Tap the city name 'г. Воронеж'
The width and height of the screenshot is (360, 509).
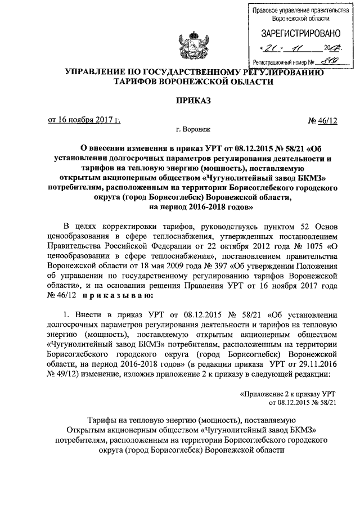(192, 129)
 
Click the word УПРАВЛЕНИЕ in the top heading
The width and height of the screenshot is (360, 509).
(95, 71)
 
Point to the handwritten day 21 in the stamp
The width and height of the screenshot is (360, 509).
(272, 48)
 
